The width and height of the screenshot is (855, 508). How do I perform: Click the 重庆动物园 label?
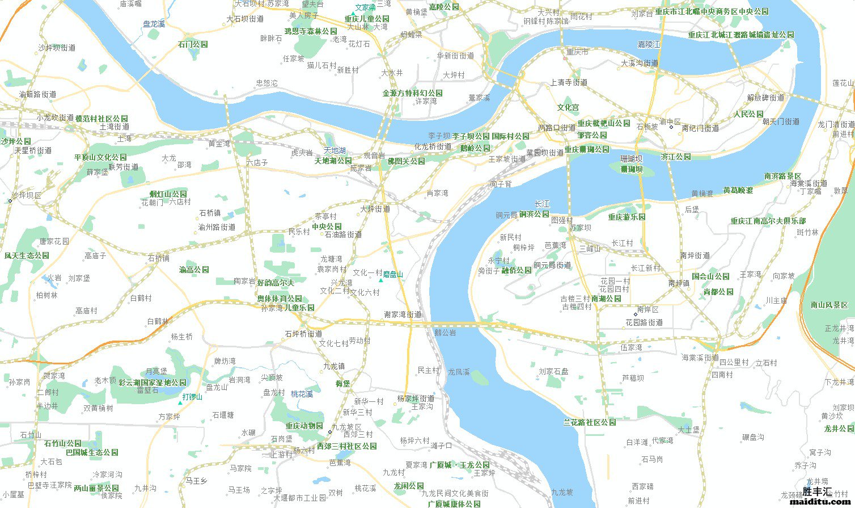304,426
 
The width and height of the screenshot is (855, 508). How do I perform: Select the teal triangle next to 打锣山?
180,402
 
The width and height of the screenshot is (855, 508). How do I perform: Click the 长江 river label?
542,204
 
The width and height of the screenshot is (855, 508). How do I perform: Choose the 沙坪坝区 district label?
26,195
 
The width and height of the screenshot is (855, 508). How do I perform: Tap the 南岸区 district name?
647,310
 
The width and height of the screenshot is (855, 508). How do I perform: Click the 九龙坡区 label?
346,427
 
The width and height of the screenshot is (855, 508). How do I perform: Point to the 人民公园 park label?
748,114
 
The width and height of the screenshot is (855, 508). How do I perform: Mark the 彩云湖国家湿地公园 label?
152,383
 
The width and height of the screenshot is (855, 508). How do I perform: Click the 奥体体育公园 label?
280,299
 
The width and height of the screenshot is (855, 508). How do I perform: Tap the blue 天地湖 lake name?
335,150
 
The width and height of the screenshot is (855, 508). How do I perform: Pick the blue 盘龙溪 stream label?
154,24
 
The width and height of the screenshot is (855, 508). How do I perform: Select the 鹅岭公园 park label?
475,148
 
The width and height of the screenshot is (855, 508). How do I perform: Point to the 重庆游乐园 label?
627,217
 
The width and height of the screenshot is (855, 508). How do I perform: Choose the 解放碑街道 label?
765,98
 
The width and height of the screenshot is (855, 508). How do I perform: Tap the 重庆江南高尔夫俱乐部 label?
768,221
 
